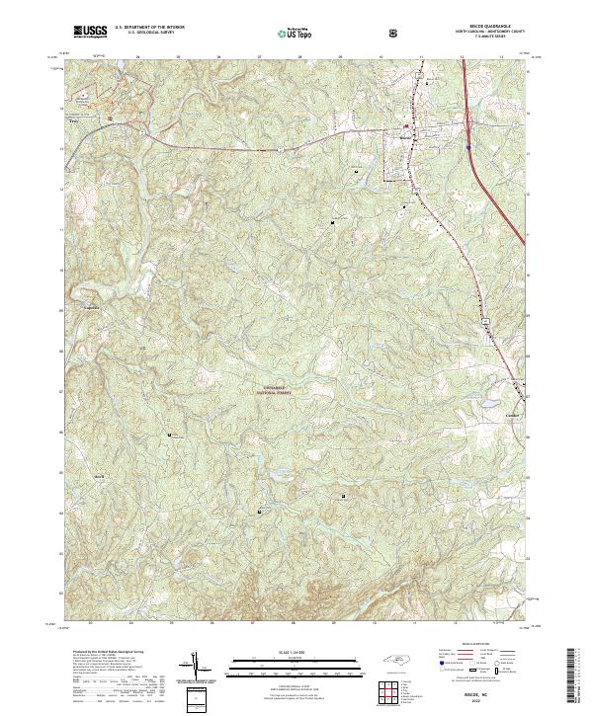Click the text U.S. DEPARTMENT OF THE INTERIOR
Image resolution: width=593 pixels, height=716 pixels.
(x=149, y=28)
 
